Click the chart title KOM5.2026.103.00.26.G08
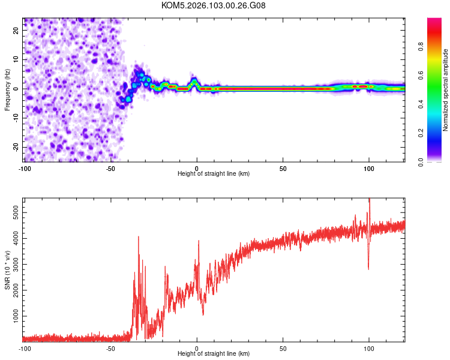214,5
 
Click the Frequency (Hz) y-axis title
7,89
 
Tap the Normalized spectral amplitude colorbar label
445,90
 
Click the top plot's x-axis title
214,173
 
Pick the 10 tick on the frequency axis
17,59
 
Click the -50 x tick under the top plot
110,167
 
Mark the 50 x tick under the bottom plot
283,348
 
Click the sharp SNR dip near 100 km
368,269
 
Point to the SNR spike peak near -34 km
139,237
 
